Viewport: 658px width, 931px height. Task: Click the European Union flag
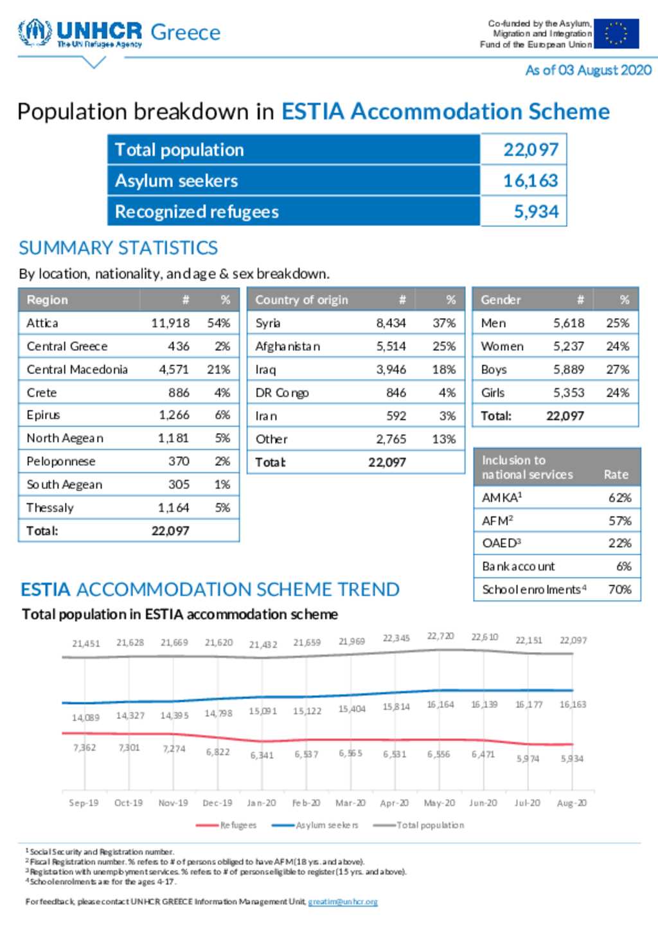click(x=616, y=33)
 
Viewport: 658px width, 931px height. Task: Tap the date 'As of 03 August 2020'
click(x=588, y=70)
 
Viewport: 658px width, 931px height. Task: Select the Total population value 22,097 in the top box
click(x=531, y=150)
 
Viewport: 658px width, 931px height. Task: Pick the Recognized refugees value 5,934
click(x=536, y=211)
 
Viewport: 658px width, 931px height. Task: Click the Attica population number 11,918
click(x=170, y=323)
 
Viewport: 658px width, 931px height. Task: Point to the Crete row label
click(x=42, y=393)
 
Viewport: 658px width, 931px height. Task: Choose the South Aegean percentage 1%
click(x=222, y=484)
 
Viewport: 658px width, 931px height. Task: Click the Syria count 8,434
click(x=391, y=323)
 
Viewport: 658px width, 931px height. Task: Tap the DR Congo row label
click(x=282, y=393)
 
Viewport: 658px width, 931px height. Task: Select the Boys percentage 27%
click(x=618, y=369)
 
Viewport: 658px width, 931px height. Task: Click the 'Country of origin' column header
click(x=301, y=299)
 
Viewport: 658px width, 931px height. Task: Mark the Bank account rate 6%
click(x=624, y=566)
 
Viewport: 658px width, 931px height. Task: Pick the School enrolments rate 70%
click(x=619, y=589)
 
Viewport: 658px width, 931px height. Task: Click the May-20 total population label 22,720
click(x=441, y=636)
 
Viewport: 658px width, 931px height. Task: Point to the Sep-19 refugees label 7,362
click(x=85, y=748)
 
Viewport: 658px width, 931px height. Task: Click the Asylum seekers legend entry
click(x=315, y=825)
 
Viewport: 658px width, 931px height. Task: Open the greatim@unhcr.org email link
click(x=343, y=901)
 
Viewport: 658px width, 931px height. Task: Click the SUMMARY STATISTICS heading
click(x=118, y=248)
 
